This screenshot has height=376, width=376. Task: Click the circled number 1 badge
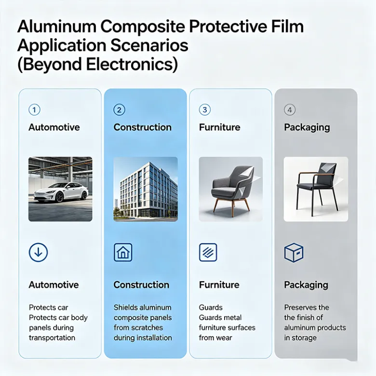pyautogui.click(x=34, y=110)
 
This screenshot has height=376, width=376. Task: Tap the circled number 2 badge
pyautogui.click(x=119, y=110)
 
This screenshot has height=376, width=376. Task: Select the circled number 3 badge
pyautogui.click(x=205, y=110)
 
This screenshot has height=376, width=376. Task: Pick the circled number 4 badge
pyautogui.click(x=290, y=110)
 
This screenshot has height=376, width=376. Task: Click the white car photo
pyautogui.click(x=60, y=189)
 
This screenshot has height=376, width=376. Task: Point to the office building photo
pyautogui.click(x=146, y=189)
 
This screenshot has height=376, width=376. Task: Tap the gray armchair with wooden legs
pyautogui.click(x=231, y=189)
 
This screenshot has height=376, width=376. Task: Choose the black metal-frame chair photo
pyautogui.click(x=316, y=189)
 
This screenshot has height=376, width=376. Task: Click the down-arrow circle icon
pyautogui.click(x=39, y=252)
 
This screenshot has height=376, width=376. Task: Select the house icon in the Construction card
pyautogui.click(x=123, y=252)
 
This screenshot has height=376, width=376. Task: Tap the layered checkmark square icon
pyautogui.click(x=208, y=252)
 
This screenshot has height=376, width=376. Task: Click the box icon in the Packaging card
pyautogui.click(x=294, y=253)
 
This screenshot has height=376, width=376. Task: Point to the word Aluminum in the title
pyautogui.click(x=56, y=27)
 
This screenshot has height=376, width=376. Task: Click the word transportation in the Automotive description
pyautogui.click(x=52, y=337)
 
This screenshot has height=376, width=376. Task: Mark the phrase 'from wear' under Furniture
pyautogui.click(x=215, y=337)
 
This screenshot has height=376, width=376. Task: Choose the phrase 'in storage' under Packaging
pyautogui.click(x=300, y=337)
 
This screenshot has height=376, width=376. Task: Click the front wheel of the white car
pyautogui.click(x=59, y=197)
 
